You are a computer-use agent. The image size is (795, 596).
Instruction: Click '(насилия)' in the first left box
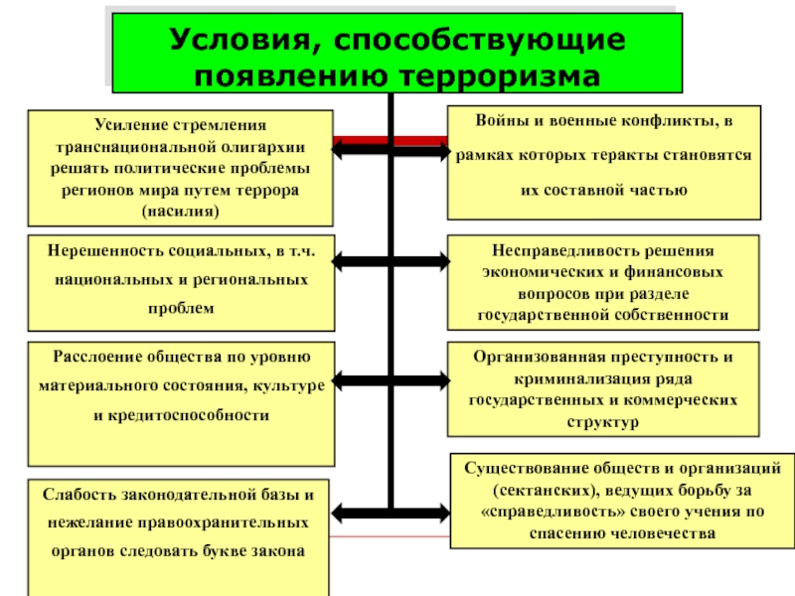180,211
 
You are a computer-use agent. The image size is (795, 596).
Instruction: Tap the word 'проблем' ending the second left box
180,309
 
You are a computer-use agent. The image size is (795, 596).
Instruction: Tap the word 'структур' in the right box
603,422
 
